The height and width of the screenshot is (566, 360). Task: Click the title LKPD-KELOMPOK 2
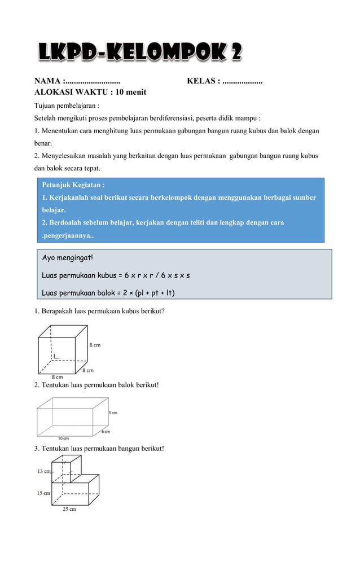(x=140, y=53)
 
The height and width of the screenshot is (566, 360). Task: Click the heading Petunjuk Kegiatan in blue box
(x=73, y=185)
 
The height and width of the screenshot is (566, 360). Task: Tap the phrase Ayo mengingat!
(x=68, y=258)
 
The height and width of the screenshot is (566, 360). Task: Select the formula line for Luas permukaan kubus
(x=116, y=275)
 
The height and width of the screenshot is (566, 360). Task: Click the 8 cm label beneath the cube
(x=58, y=376)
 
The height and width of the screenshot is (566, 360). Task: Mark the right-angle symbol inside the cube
(x=57, y=356)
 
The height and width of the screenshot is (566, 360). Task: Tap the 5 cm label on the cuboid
(x=113, y=413)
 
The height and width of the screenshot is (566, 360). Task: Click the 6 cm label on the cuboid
(x=106, y=432)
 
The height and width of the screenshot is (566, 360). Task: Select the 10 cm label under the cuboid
(x=63, y=438)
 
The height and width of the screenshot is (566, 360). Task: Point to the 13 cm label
(x=43, y=471)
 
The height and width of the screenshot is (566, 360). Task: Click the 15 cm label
(x=43, y=493)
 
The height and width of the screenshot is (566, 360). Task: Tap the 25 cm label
(x=69, y=509)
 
